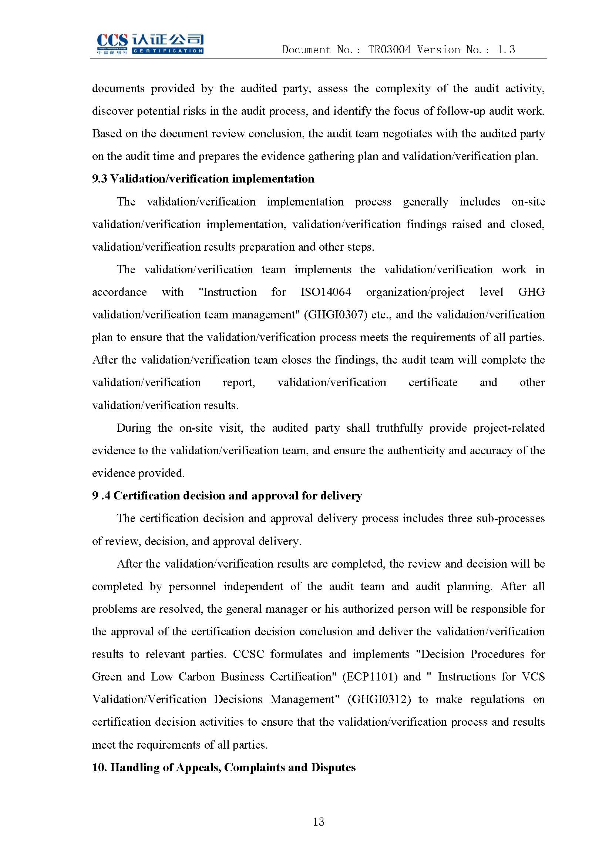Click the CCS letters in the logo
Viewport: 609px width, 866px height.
[x=112, y=40]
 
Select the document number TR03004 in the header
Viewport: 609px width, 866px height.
[x=389, y=50]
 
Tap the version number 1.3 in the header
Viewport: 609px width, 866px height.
[x=506, y=50]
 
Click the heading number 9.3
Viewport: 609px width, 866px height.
[x=100, y=179]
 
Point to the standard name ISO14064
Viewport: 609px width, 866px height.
[x=326, y=292]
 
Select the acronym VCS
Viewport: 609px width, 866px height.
[x=533, y=677]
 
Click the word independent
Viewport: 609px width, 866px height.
[x=253, y=586]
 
